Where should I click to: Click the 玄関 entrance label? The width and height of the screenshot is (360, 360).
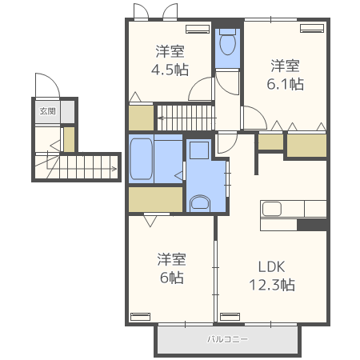click(x=48, y=111)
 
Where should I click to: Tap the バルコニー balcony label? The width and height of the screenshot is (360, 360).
click(x=227, y=339)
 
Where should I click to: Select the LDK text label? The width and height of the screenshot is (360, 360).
click(x=272, y=266)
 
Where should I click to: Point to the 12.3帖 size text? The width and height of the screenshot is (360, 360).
click(x=272, y=285)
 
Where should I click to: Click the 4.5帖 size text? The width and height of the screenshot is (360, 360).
click(x=170, y=70)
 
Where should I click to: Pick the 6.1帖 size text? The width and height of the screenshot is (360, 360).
click(x=285, y=84)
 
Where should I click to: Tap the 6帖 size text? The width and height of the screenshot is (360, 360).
click(x=171, y=278)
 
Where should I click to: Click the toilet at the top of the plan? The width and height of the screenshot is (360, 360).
click(x=227, y=42)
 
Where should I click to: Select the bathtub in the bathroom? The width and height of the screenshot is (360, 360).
click(x=141, y=158)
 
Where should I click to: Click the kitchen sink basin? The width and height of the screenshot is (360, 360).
click(x=272, y=209)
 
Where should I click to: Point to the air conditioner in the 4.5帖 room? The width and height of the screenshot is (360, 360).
click(x=198, y=29)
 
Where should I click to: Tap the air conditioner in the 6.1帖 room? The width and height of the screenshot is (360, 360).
click(x=312, y=28)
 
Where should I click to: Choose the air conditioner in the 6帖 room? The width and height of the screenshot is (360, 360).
click(x=140, y=317)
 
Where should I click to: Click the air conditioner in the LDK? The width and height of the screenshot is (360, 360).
click(x=230, y=317)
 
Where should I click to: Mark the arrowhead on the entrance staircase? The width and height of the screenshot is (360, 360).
click(x=114, y=169)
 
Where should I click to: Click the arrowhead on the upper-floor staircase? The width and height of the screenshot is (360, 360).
click(x=160, y=118)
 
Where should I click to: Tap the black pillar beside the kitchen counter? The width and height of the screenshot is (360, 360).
click(x=312, y=225)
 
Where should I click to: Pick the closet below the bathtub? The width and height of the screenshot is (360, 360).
click(x=156, y=199)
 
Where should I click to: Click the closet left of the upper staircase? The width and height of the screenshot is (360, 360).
click(x=142, y=118)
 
